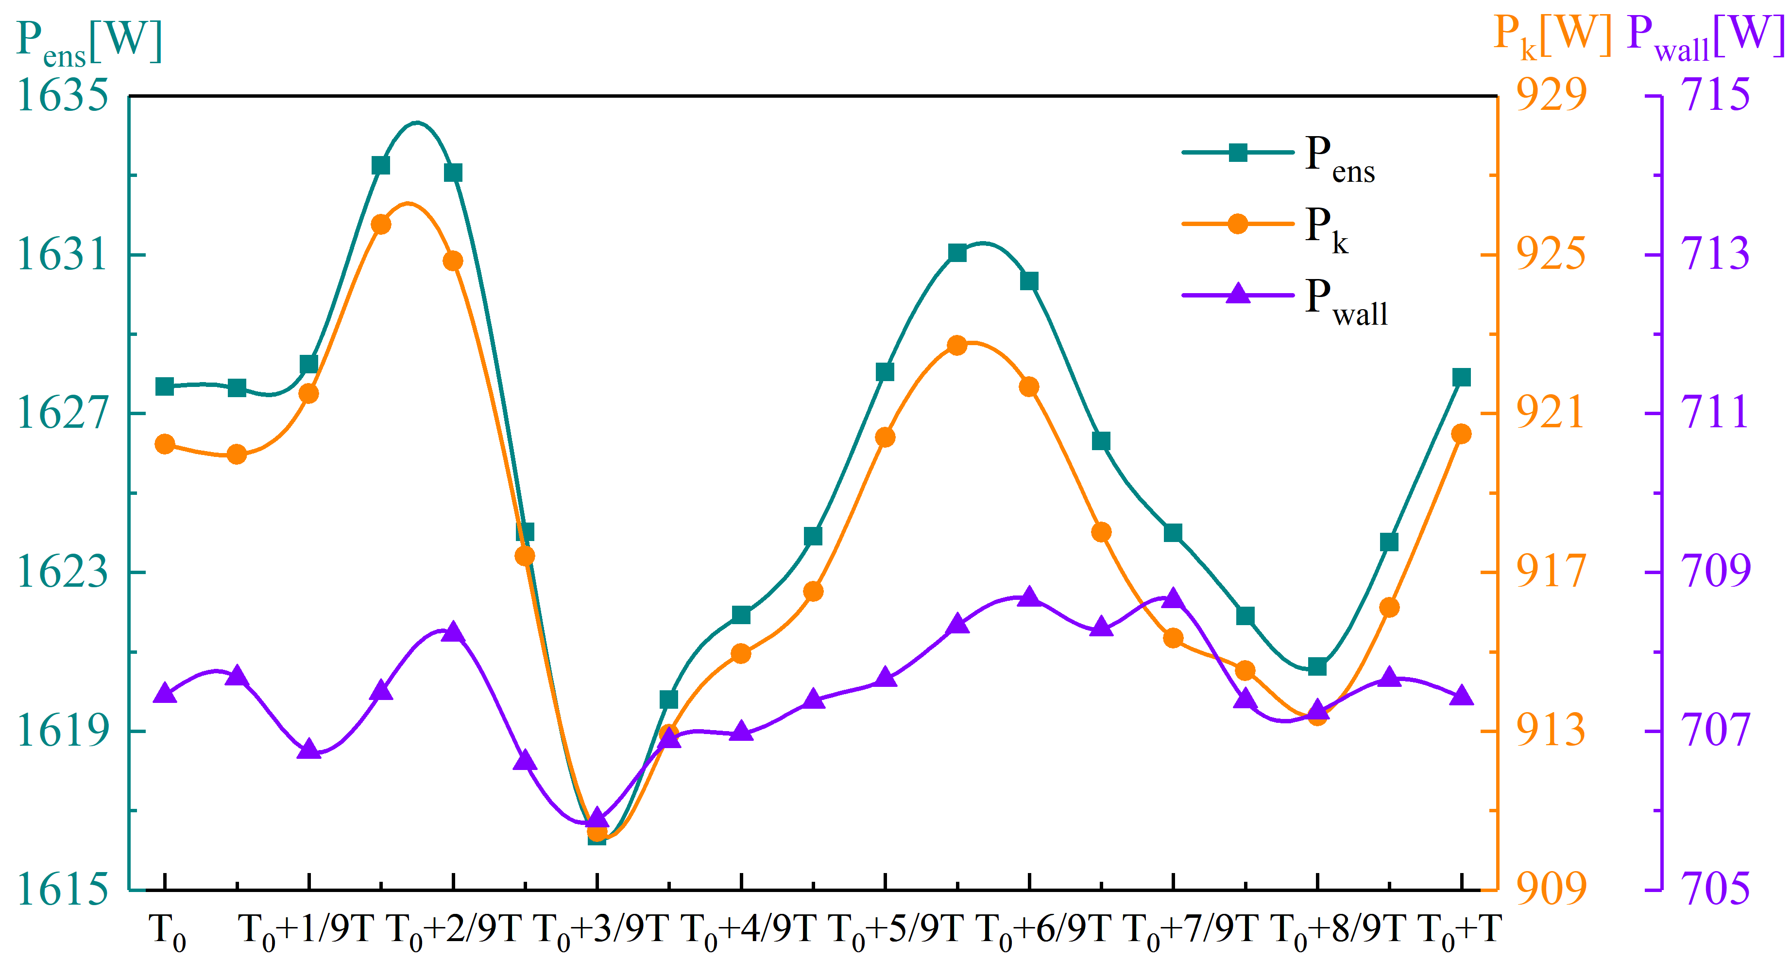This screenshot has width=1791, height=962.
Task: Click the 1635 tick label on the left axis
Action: pyautogui.click(x=63, y=95)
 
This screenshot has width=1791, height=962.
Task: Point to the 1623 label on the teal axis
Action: pyautogui.click(x=63, y=572)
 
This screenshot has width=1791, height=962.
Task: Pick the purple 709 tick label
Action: pyautogui.click(x=1715, y=571)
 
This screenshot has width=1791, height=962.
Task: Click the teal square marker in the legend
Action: pyautogui.click(x=1238, y=152)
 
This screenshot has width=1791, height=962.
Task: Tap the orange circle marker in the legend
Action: pyautogui.click(x=1238, y=224)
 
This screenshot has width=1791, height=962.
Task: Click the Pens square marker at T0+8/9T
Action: pyautogui.click(x=1317, y=667)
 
